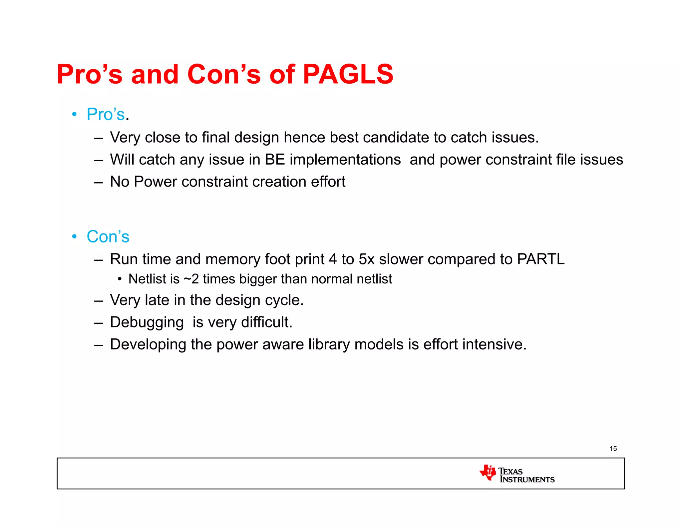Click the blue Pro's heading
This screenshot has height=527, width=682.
106,114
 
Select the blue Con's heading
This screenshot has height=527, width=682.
108,237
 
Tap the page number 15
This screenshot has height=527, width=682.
613,449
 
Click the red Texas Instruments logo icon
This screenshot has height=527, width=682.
488,472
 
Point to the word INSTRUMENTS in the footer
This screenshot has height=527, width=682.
527,480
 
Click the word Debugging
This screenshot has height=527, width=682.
147,322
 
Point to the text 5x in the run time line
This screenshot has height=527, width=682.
366,259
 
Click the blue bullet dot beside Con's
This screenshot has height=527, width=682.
74,237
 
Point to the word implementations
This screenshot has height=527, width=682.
345,160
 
